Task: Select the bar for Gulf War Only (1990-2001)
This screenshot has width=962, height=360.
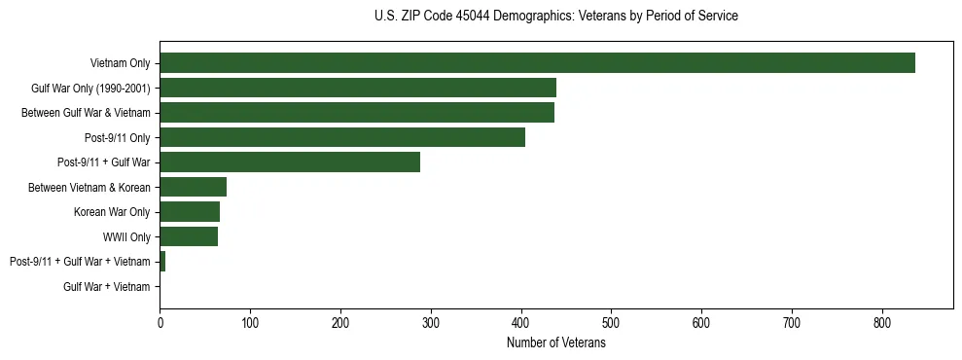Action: coord(358,88)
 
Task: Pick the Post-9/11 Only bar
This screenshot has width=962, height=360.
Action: coord(342,137)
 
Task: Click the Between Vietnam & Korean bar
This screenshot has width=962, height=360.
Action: coord(194,187)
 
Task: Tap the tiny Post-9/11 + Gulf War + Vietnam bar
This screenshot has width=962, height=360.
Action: coord(162,261)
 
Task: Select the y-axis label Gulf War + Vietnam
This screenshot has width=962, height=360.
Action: coord(107,286)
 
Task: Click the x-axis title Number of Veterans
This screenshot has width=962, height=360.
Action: coord(556,342)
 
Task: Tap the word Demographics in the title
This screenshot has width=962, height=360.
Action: coord(524,17)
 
